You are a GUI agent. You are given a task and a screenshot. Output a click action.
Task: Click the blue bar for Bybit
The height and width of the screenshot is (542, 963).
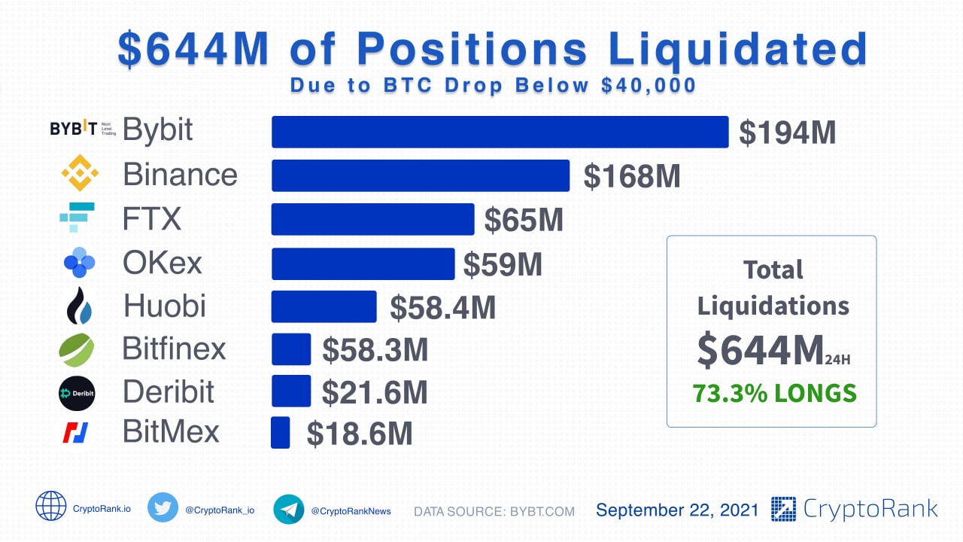point(500,132)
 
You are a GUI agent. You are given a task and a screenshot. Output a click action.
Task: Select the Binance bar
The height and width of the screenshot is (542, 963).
point(420,175)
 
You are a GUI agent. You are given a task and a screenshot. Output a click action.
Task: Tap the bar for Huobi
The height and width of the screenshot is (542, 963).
point(324,306)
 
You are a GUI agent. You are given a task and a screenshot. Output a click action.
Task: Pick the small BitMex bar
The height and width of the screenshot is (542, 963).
point(280,433)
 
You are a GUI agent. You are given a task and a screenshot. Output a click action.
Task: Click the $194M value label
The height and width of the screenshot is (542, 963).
point(787,132)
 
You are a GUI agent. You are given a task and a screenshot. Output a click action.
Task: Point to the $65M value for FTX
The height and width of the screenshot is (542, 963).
point(524,220)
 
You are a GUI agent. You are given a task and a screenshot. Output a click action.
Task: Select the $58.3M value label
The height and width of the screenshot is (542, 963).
point(375,350)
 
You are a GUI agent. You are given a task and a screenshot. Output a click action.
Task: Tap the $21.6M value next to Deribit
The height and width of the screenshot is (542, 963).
point(375,392)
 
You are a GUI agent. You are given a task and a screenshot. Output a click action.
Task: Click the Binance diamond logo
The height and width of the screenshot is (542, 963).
point(79,173)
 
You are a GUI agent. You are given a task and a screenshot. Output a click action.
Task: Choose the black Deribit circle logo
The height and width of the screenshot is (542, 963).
point(77,393)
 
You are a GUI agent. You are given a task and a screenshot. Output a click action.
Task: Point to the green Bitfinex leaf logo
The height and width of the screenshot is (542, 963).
point(77,350)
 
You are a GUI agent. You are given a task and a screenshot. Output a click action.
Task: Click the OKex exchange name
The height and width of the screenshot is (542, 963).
point(163,263)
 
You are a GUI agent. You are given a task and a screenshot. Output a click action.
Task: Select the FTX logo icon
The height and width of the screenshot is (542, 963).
point(77,218)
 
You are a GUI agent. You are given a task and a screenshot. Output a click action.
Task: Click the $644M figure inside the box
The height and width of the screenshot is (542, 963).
point(760,351)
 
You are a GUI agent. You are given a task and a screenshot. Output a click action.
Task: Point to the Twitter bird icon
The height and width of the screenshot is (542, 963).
point(163,507)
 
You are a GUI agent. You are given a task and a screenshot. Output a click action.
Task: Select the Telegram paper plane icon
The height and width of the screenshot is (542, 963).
point(289,509)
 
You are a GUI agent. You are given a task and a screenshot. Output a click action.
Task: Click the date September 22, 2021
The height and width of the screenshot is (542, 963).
point(677,510)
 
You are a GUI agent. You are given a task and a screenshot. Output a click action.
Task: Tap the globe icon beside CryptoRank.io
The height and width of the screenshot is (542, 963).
point(51,506)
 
